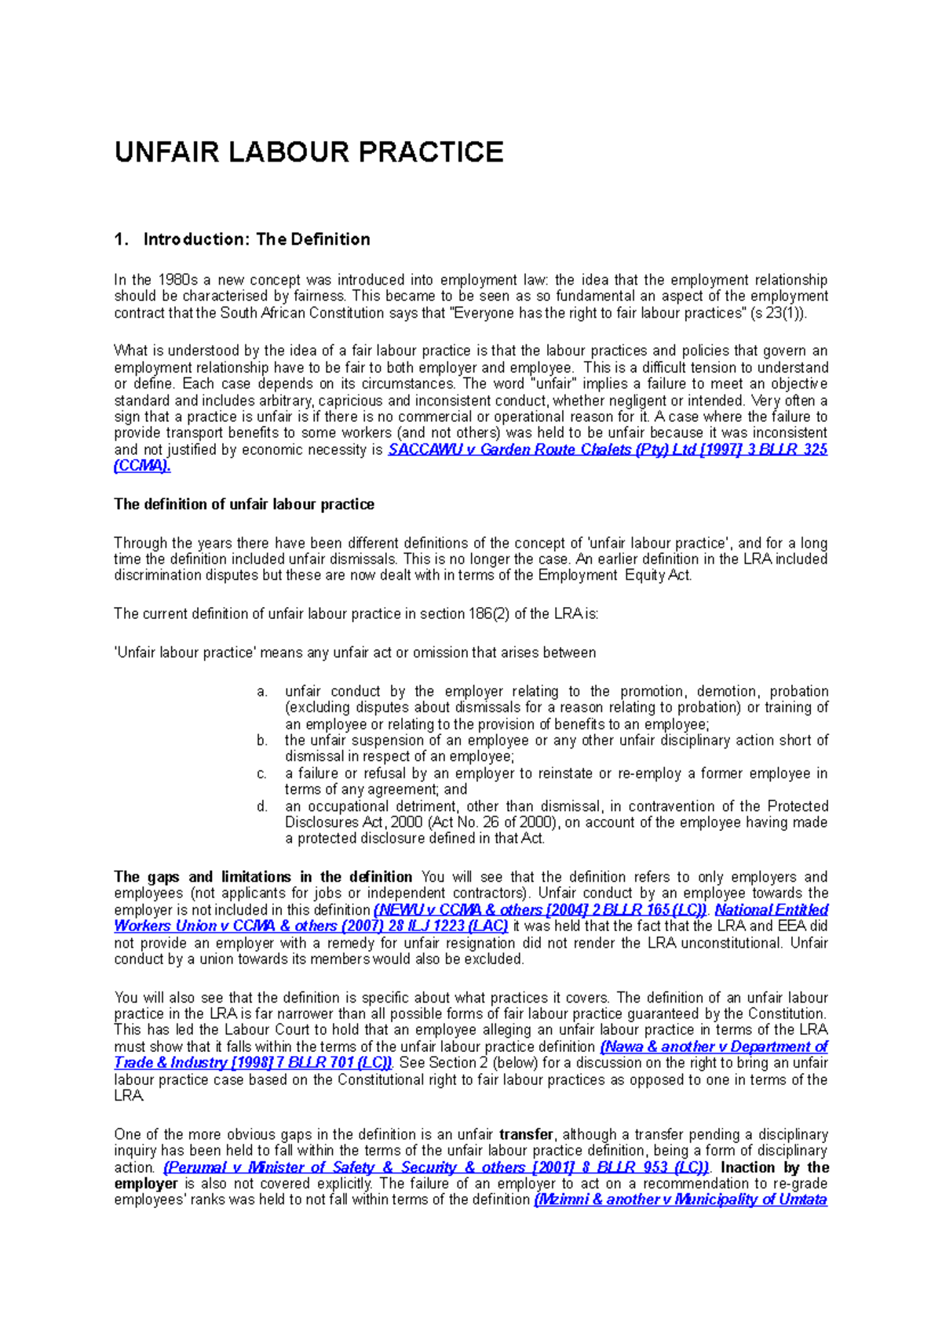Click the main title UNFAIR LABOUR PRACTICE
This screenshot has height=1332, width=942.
click(309, 152)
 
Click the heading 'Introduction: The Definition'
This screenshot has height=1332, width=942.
click(256, 239)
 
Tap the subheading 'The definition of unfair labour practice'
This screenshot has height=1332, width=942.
click(243, 504)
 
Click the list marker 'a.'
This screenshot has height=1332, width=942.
click(262, 691)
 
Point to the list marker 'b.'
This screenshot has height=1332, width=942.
click(262, 740)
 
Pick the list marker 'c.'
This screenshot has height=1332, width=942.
click(262, 773)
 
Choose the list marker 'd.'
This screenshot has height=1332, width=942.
click(262, 806)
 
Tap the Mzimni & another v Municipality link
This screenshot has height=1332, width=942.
click(680, 1199)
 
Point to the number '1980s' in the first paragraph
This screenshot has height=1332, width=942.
click(178, 280)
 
